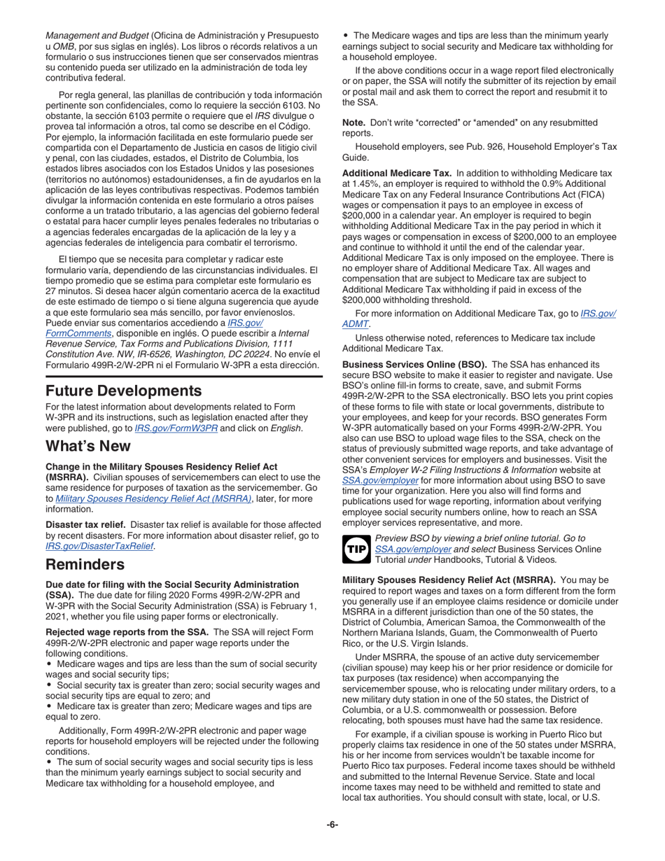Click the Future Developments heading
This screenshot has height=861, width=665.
[123, 391]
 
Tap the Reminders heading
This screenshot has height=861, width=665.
[85, 564]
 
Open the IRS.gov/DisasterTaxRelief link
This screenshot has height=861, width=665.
[99, 546]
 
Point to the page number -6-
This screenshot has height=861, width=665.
[332, 825]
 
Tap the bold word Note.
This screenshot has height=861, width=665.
[353, 122]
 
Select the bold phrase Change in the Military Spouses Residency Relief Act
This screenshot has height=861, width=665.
[161, 466]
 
